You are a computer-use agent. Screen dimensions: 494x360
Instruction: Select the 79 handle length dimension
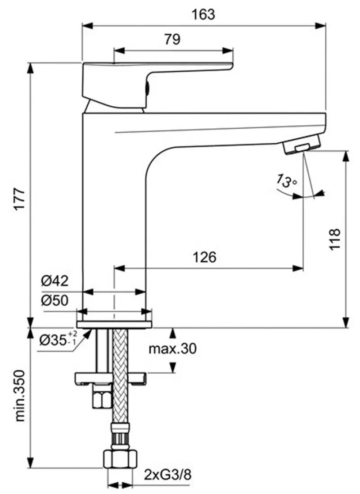[x=172, y=40]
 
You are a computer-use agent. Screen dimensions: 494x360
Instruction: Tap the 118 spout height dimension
[x=334, y=240]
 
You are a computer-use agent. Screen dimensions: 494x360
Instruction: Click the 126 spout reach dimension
[x=205, y=257]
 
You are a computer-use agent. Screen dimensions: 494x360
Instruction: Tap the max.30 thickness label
[x=172, y=349]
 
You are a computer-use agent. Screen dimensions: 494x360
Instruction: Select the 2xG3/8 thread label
[x=167, y=474]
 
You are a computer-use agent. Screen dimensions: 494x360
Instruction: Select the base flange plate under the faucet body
[x=114, y=324]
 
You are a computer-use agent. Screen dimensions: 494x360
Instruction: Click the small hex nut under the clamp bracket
[x=101, y=398]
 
